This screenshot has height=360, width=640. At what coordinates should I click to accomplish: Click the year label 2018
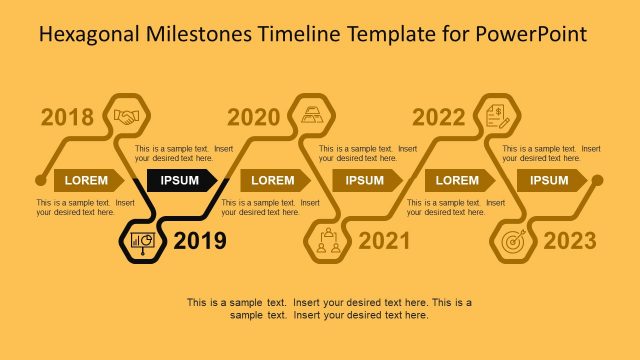click(67, 117)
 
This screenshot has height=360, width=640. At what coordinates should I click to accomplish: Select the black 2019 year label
click(199, 241)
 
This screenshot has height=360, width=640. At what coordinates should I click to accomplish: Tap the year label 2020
click(254, 117)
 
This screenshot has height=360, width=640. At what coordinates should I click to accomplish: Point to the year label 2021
click(384, 241)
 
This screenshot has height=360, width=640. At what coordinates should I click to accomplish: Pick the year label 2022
click(439, 117)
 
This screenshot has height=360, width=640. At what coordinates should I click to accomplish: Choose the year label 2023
click(570, 241)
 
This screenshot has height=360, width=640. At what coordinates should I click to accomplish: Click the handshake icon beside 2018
click(127, 116)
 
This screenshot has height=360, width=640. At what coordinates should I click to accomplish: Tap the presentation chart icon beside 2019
click(142, 242)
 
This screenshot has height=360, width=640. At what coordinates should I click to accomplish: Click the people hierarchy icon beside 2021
click(327, 241)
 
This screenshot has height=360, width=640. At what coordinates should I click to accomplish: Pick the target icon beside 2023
click(513, 241)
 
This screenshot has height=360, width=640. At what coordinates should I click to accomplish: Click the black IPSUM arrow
click(183, 180)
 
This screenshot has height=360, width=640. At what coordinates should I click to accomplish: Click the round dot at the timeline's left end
click(40, 181)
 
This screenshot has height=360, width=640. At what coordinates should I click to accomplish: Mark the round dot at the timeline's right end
click(597, 181)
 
